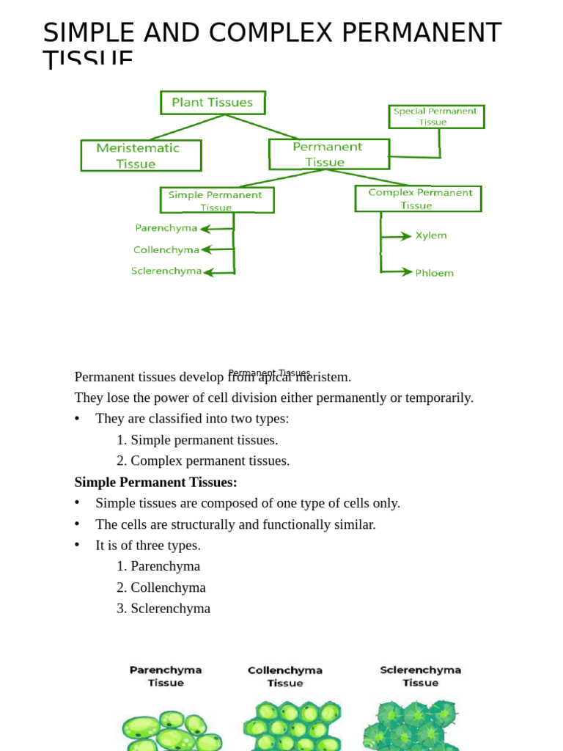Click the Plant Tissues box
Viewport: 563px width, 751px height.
(213, 103)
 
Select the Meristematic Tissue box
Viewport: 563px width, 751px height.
(141, 155)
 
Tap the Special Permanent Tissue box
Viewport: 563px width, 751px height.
(436, 117)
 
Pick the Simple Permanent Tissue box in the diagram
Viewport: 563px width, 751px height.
(216, 200)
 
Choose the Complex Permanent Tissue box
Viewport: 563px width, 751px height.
(418, 199)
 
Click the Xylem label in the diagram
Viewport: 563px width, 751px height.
(431, 235)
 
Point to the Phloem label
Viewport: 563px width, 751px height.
(434, 273)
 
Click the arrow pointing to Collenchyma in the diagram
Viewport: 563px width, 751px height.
(217, 249)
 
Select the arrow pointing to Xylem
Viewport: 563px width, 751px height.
(397, 236)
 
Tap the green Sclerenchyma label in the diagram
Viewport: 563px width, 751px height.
(166, 271)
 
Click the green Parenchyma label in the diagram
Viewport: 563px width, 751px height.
(166, 228)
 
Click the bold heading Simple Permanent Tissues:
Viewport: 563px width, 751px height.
(155, 482)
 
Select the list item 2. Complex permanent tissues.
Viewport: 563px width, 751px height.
(203, 461)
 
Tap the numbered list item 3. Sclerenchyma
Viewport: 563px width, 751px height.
(163, 608)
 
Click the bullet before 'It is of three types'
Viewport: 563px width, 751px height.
(77, 545)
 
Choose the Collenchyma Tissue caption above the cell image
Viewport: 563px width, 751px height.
(285, 676)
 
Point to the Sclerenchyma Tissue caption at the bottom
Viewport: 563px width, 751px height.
(421, 675)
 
